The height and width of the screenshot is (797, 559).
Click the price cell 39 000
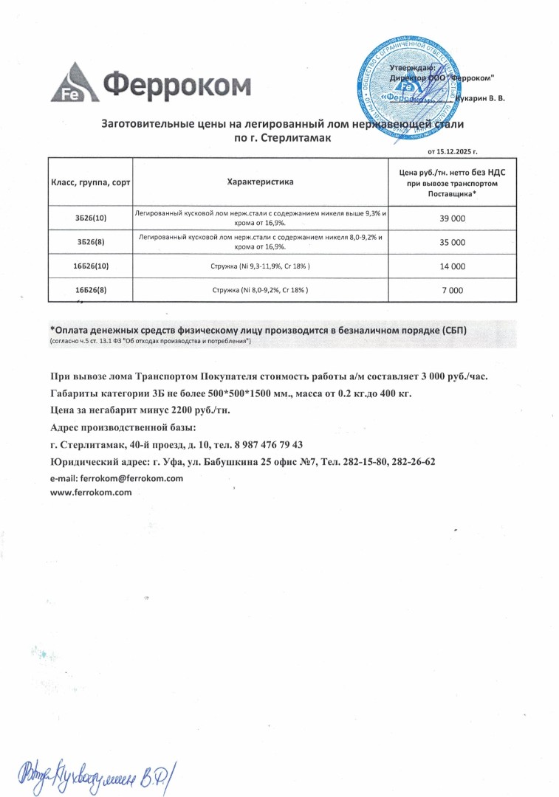(x=452, y=218)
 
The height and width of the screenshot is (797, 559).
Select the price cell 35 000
(x=452, y=242)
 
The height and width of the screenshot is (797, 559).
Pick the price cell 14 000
(x=452, y=266)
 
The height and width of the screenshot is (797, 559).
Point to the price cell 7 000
(x=452, y=291)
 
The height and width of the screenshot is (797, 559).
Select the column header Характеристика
(x=260, y=182)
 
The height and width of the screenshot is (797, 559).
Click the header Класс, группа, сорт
(x=90, y=182)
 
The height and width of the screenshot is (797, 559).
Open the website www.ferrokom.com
(x=91, y=492)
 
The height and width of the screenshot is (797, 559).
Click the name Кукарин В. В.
(x=481, y=98)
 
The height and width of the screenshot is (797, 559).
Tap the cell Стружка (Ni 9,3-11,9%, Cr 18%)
(x=260, y=266)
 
